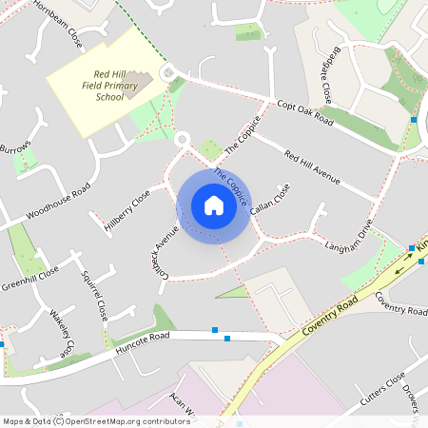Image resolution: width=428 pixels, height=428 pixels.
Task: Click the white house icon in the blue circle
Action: (x=213, y=204)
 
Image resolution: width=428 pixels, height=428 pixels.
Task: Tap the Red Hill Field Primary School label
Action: (x=111, y=87)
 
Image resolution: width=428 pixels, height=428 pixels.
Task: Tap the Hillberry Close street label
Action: (x=127, y=212)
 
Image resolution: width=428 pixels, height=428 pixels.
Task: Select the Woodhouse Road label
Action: (x=58, y=200)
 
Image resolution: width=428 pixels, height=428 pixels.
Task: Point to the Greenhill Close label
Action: (x=29, y=278)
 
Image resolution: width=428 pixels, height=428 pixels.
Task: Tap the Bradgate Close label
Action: (x=325, y=77)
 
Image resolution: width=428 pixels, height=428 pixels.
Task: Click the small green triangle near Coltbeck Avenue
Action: (x=232, y=291)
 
